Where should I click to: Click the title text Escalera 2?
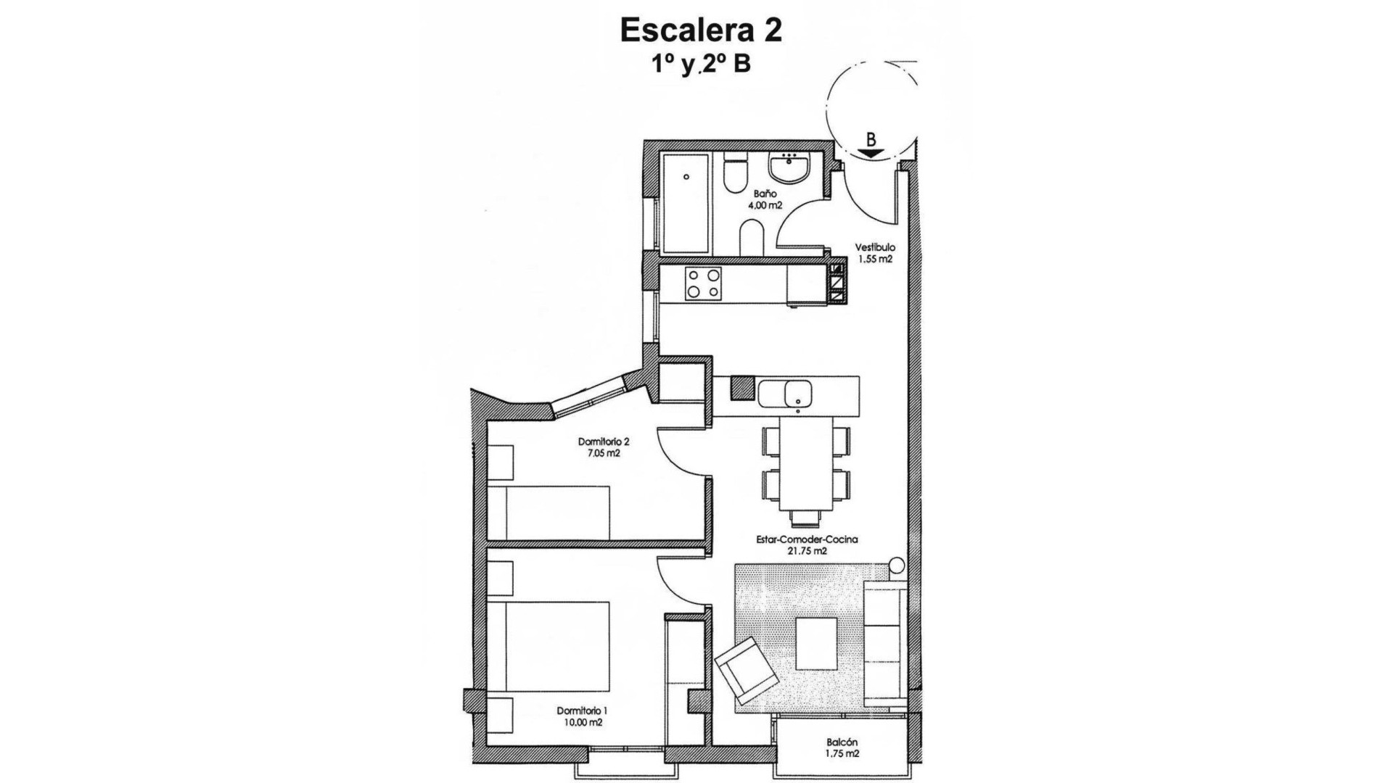pyautogui.click(x=701, y=31)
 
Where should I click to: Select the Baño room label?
pyautogui.click(x=765, y=194)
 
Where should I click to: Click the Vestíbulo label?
pyautogui.click(x=874, y=248)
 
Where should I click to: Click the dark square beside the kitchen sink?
pyautogui.click(x=742, y=388)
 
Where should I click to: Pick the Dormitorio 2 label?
pyautogui.click(x=603, y=442)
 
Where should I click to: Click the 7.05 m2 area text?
pyautogui.click(x=603, y=454)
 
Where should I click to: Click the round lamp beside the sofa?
pyautogui.click(x=897, y=564)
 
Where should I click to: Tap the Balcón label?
pyautogui.click(x=842, y=742)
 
